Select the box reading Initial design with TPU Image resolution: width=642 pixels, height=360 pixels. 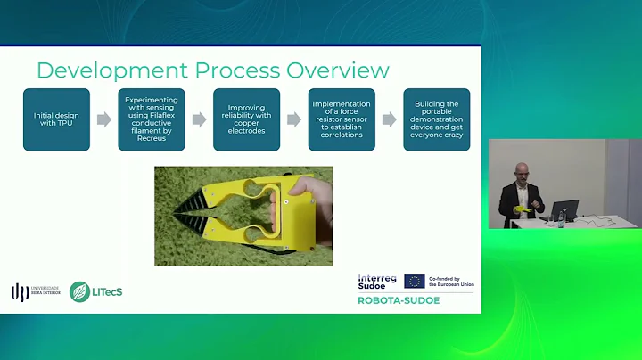[x=56, y=119]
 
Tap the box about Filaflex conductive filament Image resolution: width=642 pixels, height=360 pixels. [x=152, y=119]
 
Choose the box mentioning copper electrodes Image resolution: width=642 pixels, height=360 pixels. [x=246, y=119]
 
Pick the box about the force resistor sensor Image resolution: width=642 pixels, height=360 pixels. [x=342, y=119]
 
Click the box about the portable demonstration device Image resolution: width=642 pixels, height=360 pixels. [x=436, y=119]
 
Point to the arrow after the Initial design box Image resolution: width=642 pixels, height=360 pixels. [x=103, y=119]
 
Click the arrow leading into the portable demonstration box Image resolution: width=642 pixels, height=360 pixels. [x=389, y=119]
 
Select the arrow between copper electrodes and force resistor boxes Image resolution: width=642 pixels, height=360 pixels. [x=293, y=119]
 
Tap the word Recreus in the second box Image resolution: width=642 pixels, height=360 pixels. [x=152, y=139]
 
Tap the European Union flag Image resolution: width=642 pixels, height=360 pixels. [x=415, y=281]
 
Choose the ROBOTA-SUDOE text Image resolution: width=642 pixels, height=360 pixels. [x=398, y=300]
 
